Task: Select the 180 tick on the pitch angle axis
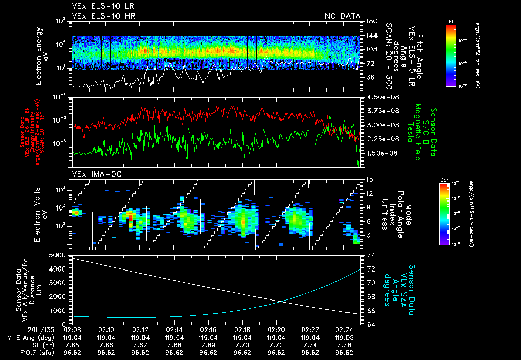(371, 21)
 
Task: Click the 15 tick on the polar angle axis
(369, 179)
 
